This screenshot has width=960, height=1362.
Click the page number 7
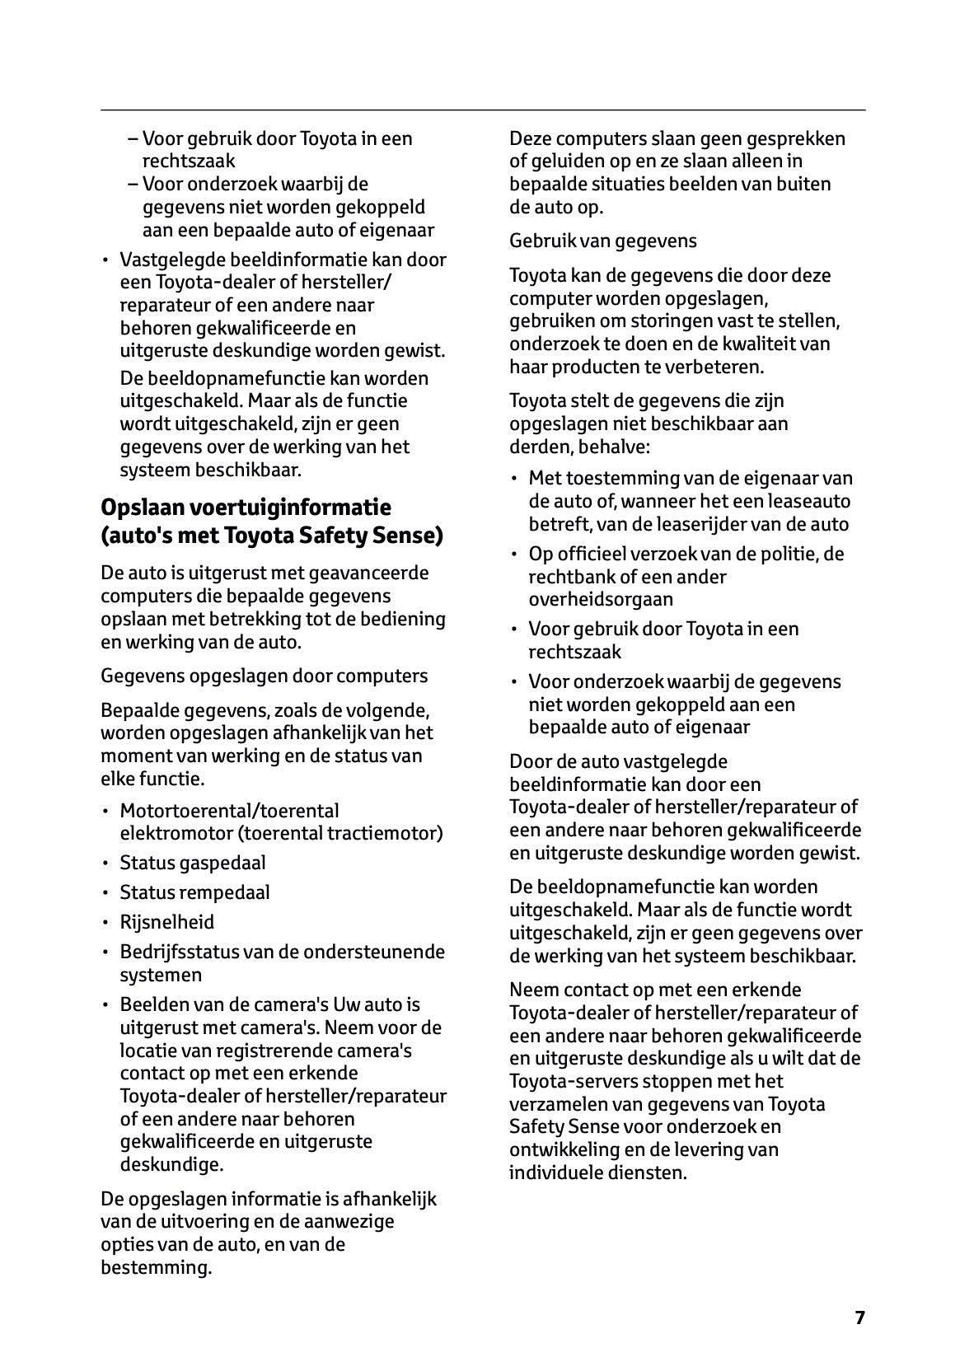(859, 1318)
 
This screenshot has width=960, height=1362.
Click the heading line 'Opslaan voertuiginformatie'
(246, 507)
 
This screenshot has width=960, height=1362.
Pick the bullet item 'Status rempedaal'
(194, 892)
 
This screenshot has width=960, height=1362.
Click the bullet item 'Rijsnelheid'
(166, 922)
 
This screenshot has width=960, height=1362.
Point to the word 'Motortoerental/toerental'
(229, 811)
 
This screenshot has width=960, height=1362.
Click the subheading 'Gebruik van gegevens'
(602, 241)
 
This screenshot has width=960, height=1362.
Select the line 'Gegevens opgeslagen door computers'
(264, 676)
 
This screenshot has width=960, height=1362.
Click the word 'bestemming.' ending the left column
(156, 1267)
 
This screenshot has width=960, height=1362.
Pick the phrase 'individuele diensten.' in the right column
(597, 1172)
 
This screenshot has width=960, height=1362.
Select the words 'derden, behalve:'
(579, 447)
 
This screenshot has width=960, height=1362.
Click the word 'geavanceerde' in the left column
(375, 573)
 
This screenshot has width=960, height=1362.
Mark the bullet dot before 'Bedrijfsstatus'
(105, 952)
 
